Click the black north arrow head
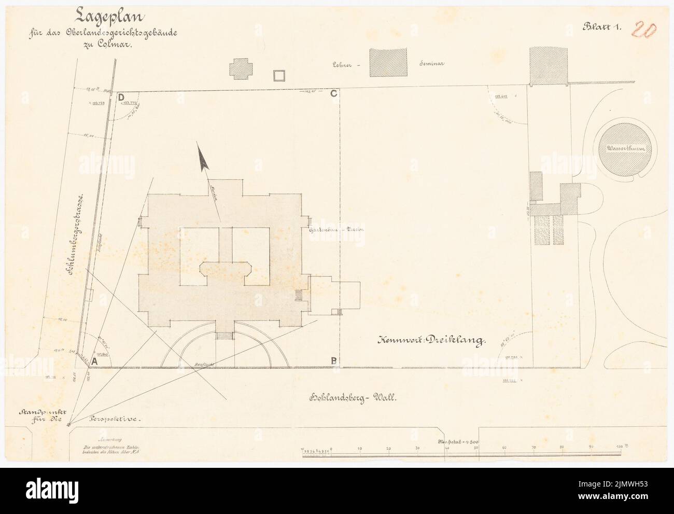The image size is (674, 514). tap(203, 158)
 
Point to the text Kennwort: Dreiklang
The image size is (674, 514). tap(430, 341)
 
